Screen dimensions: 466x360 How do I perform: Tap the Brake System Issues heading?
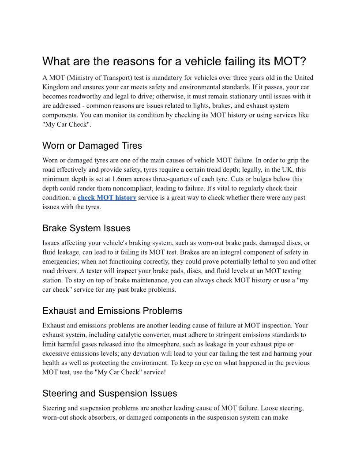tap(86, 228)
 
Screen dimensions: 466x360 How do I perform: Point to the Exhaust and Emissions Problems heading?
tap(112, 311)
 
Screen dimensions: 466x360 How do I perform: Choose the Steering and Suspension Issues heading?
tap(110, 393)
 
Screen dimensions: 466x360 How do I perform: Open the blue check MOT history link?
tap(107, 198)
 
